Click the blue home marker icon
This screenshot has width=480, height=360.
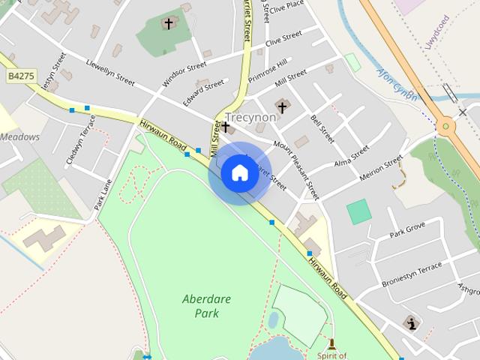tap(239, 173)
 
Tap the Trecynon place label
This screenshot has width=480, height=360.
tap(250, 117)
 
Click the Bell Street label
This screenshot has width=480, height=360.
tap(322, 129)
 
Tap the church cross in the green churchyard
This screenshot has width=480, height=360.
tap(168, 24)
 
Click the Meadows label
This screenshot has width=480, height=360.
tap(19, 137)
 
